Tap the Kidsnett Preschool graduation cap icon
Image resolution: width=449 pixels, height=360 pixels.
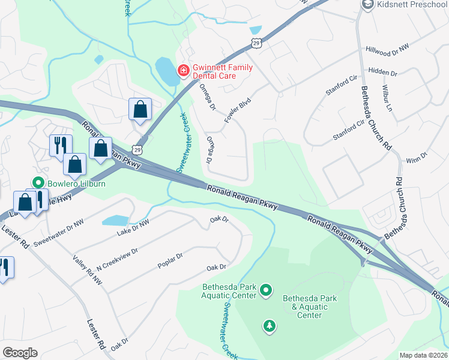click(x=367, y=5)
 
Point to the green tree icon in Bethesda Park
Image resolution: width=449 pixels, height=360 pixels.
click(x=271, y=326)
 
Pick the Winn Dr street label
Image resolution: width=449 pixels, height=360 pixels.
click(x=416, y=157)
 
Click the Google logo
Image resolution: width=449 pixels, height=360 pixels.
click(x=20, y=353)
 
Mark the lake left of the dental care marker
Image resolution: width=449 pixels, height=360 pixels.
click(x=163, y=71)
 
